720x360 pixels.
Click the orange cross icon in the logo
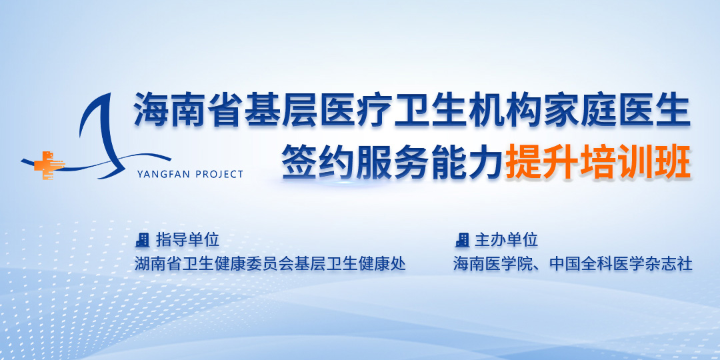pos(47,165)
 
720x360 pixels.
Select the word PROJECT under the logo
pos(219,174)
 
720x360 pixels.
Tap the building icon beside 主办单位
pos(461,240)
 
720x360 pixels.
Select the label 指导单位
pos(187,240)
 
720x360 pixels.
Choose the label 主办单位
pos(506,240)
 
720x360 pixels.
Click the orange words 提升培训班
pos(598,163)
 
